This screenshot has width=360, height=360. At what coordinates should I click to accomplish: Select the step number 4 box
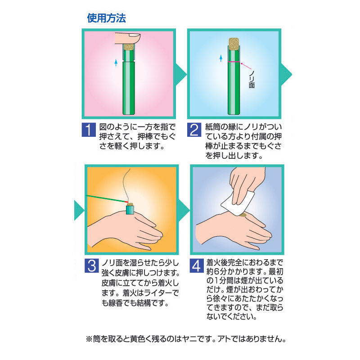pyautogui.click(x=197, y=266)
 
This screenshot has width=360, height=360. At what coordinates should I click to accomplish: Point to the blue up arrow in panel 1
pyautogui.click(x=116, y=63)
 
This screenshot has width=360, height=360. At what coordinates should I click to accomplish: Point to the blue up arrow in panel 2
pyautogui.click(x=221, y=58)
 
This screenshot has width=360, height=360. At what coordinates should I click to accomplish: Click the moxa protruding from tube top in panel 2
pyautogui.click(x=234, y=44)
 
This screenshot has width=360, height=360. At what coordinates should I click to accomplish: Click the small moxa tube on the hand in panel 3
pyautogui.click(x=130, y=209)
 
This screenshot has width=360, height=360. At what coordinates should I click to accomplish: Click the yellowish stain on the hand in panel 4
pyautogui.click(x=243, y=216)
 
